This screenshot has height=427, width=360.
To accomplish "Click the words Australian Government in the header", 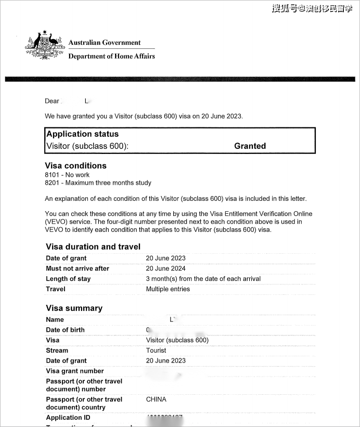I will click(105, 43).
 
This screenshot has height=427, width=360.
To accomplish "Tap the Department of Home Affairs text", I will click(111, 56).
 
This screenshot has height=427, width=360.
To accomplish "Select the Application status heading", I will click(82, 134).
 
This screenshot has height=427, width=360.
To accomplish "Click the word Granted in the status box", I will click(250, 146).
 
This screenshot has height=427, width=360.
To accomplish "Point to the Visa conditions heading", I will click(76, 166).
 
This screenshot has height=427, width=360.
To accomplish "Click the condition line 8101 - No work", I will click(67, 175).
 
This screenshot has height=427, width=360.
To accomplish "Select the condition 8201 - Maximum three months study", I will click(98, 183).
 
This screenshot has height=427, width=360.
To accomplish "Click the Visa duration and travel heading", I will click(93, 247).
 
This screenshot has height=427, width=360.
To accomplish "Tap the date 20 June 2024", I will click(165, 268).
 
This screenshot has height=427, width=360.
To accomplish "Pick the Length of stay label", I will click(68, 279).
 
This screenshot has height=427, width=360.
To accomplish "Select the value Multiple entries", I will click(168, 289).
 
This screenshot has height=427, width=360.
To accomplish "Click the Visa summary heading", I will click(74, 308).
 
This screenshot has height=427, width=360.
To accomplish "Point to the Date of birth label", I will click(65, 330).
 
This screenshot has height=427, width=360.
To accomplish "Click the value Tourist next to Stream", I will click(156, 351).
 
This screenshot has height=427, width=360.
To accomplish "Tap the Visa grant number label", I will click(75, 371).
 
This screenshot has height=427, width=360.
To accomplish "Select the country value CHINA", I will click(156, 399).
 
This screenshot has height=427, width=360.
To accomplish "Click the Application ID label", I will click(64, 418).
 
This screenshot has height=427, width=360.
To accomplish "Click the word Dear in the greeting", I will click(52, 101).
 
